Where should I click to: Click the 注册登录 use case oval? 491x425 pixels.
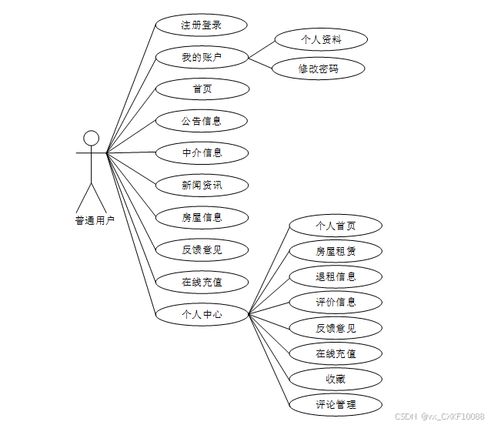pos(202,25)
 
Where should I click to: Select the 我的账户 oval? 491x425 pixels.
pos(202,57)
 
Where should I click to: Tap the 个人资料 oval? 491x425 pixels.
pos(321,38)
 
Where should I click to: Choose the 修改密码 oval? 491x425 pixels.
pos(319,69)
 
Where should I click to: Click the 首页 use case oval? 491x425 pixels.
pos(202,89)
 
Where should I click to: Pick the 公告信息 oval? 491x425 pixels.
pos(202,121)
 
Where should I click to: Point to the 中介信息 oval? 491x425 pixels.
pos(202,152)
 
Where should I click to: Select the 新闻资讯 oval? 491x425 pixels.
pos(202,185)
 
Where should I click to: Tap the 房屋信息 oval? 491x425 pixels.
pos(202,217)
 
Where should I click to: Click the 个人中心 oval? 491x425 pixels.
pos(202,314)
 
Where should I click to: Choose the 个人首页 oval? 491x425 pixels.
pos(336,226)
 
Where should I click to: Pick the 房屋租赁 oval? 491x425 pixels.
pos(336,251)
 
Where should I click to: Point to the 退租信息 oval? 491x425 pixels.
pos(336,276)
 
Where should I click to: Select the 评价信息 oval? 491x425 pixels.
pos(336,302)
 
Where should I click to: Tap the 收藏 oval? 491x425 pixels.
pos(336,379)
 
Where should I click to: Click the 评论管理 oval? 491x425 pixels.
pos(336,403)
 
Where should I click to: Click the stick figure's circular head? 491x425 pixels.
pos(92,138)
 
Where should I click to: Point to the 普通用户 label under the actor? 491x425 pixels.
pos(95,221)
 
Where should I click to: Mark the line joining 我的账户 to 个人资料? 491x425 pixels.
pos(262,48)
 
